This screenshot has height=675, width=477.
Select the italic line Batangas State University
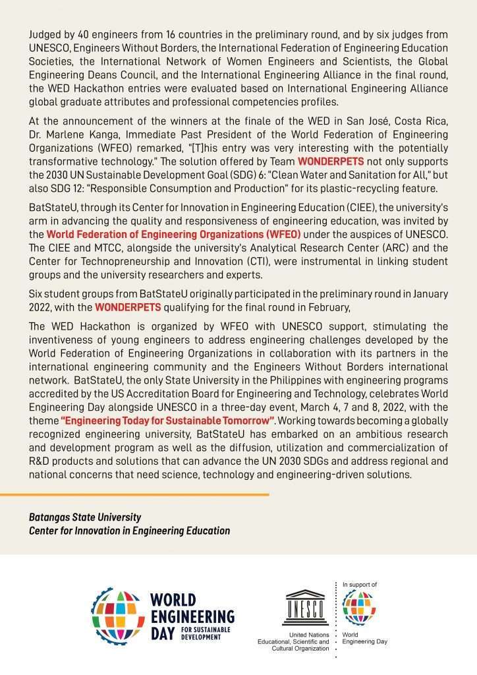(x=85, y=517)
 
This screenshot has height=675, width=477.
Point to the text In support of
(x=360, y=585)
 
